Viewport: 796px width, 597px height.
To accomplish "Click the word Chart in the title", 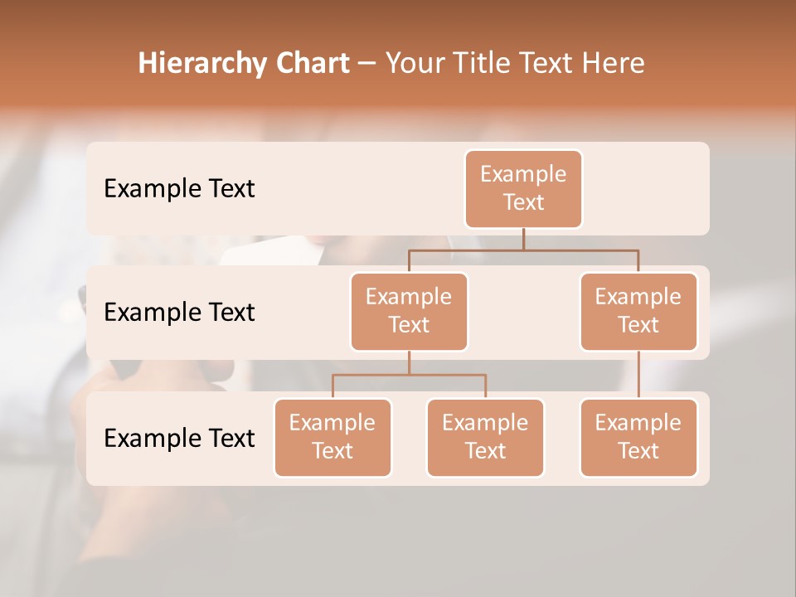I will (x=309, y=63).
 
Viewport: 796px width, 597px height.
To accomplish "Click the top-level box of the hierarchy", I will (x=523, y=189).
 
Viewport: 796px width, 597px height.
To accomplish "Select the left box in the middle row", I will (x=409, y=312).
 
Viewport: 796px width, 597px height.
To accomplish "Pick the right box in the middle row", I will (x=638, y=312).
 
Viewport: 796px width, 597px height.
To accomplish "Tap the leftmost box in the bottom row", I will (x=332, y=437).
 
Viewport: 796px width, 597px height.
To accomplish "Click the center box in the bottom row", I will (x=485, y=437).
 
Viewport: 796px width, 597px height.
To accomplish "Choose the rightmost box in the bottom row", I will (x=638, y=437).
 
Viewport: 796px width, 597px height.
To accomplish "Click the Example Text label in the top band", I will (x=179, y=189).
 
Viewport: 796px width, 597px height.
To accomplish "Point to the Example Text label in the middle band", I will (x=179, y=313).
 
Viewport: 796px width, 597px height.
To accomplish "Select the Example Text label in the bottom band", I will (x=179, y=438).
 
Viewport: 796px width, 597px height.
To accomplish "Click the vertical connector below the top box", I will (x=523, y=239).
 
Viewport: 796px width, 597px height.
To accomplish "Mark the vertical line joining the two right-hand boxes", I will (x=638, y=375).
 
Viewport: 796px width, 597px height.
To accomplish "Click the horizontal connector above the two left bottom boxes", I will (x=373, y=375).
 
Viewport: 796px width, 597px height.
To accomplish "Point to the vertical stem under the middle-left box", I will (x=409, y=362).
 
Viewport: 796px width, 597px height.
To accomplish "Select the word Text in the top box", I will (x=523, y=202).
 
